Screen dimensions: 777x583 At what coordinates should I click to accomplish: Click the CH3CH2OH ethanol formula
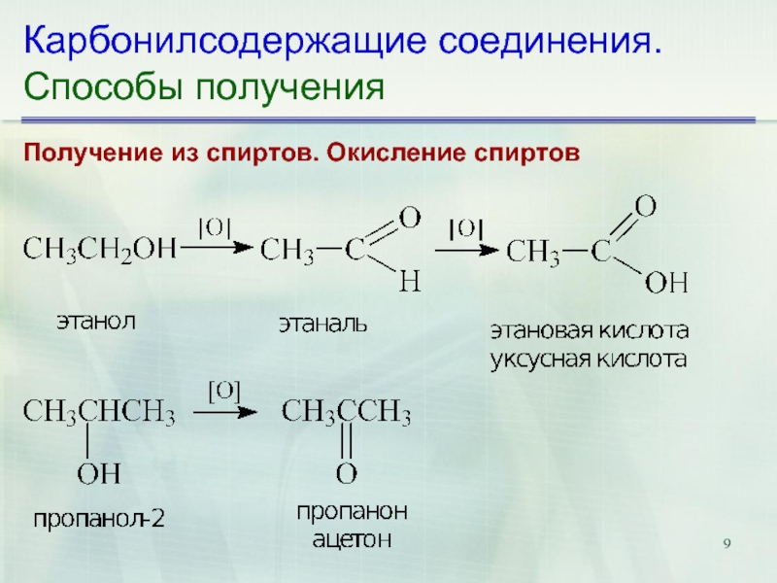(x=99, y=251)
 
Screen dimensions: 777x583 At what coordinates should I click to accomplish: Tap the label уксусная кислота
(x=589, y=358)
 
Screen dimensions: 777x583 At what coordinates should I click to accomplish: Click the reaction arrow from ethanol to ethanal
(x=216, y=250)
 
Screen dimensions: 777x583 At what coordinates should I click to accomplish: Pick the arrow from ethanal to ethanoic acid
(x=465, y=250)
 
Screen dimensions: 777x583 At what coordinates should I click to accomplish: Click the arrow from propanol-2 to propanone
(x=226, y=413)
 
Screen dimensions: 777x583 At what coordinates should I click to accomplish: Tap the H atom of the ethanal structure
(x=409, y=283)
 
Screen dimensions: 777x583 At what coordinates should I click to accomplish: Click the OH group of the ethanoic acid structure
(x=666, y=283)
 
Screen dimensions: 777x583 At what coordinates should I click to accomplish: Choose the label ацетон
(x=352, y=541)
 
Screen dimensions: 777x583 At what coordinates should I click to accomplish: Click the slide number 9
(x=726, y=542)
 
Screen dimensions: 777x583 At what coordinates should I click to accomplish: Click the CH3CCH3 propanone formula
(x=347, y=415)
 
